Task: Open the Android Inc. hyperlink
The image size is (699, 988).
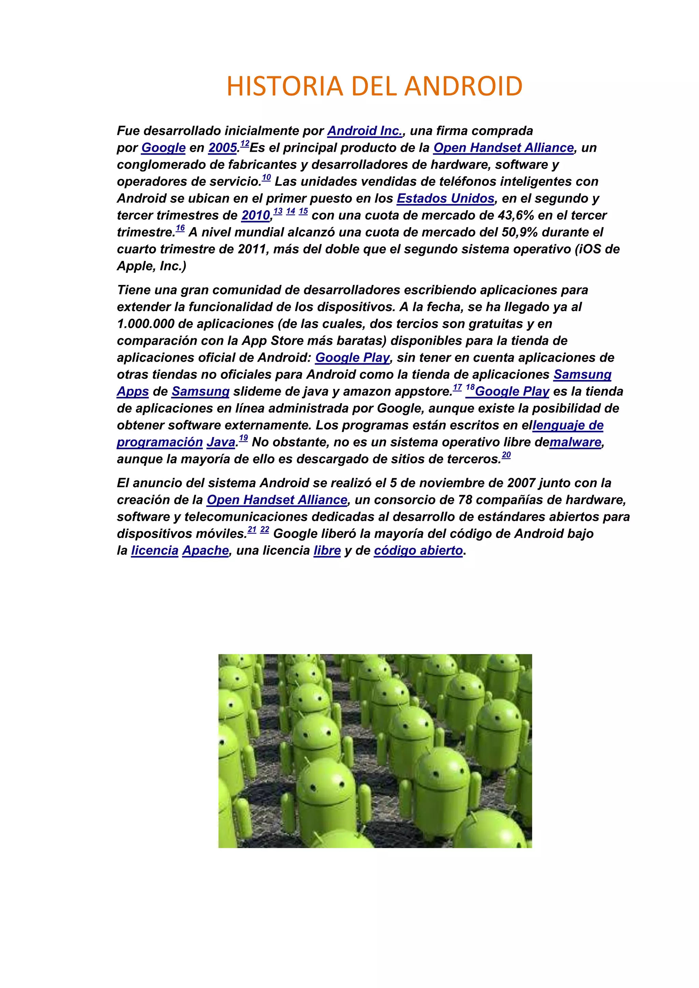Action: click(x=365, y=131)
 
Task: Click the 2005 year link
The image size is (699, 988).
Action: click(x=223, y=148)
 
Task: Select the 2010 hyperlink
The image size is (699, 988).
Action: click(x=256, y=215)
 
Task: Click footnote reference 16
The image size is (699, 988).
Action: click(x=180, y=229)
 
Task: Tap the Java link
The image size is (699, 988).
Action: click(x=221, y=442)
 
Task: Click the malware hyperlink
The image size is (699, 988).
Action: click(x=575, y=442)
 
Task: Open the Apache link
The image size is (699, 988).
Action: click(x=205, y=551)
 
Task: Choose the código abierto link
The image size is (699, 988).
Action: click(x=418, y=551)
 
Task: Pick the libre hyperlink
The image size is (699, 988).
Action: click(x=327, y=551)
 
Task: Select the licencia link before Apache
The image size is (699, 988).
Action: click(x=155, y=551)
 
